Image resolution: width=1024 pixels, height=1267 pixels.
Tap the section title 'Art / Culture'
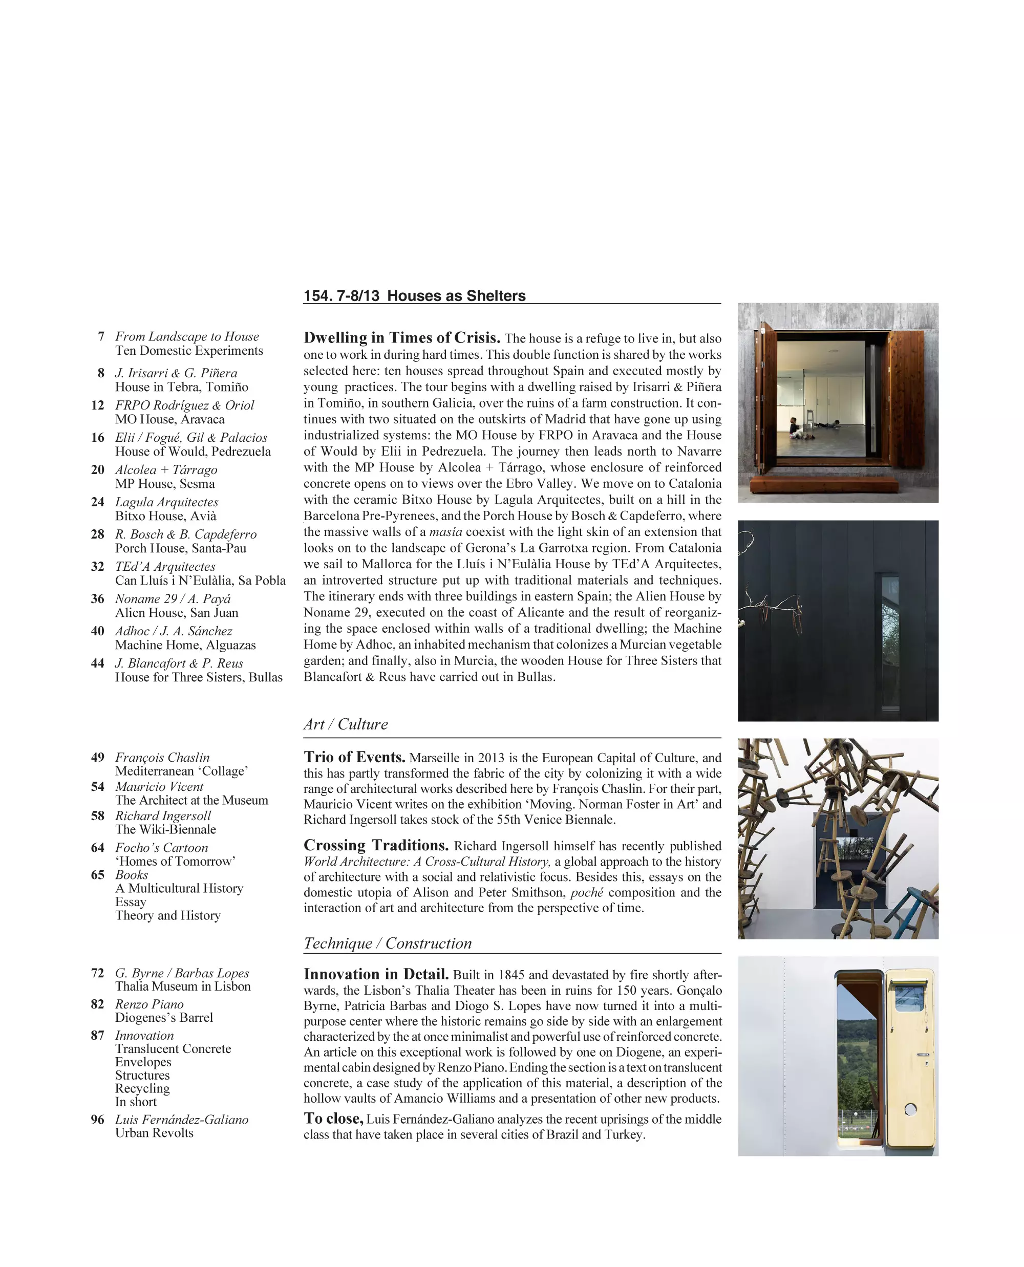point(346,724)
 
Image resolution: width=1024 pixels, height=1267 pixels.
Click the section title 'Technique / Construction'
point(388,943)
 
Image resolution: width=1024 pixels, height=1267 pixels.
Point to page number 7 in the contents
point(101,336)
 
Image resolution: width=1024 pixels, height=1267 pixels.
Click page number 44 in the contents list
point(97,663)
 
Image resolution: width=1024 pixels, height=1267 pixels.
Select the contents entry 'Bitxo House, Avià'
point(166,516)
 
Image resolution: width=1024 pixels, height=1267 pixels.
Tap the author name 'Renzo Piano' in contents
point(149,1004)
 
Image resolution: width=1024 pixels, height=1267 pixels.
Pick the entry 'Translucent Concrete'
point(173,1049)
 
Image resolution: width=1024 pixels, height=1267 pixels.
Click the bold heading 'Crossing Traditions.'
point(376,845)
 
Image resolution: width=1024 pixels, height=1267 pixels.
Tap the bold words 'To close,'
point(333,1119)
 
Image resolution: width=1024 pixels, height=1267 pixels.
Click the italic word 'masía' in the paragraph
point(445,532)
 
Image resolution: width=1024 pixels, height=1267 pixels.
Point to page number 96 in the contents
point(97,1120)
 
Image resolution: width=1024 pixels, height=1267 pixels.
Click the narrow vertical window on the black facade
point(890,642)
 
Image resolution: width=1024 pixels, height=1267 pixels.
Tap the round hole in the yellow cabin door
point(910,1109)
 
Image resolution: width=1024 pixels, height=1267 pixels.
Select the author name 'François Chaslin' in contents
point(162,757)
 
